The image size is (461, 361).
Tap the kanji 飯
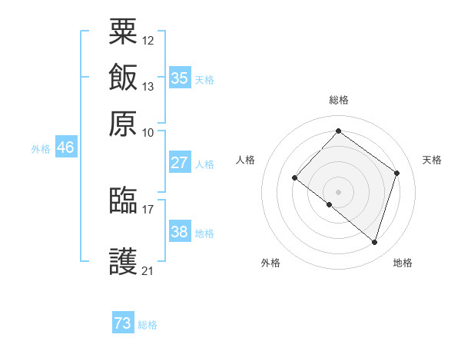(x=124, y=78)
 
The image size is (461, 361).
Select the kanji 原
(x=124, y=124)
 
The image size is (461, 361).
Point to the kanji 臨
(x=124, y=200)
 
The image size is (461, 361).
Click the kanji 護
(x=124, y=262)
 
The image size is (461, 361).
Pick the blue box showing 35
(x=180, y=78)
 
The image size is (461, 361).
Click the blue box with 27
(x=180, y=163)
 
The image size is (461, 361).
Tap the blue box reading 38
(x=180, y=232)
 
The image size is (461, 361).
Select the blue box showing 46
(x=65, y=147)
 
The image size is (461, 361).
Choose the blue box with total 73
(x=123, y=323)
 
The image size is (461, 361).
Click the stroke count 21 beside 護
(x=148, y=270)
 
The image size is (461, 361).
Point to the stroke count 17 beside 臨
(x=148, y=208)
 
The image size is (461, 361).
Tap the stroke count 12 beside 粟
(x=148, y=39)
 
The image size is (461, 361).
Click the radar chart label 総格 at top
(x=339, y=100)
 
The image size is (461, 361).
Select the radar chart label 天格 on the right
(x=433, y=160)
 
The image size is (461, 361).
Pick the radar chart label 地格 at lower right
(x=403, y=263)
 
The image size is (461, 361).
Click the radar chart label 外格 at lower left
(x=270, y=263)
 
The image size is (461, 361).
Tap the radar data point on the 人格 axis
(x=295, y=178)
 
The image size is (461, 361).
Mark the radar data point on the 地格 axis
(x=374, y=242)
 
